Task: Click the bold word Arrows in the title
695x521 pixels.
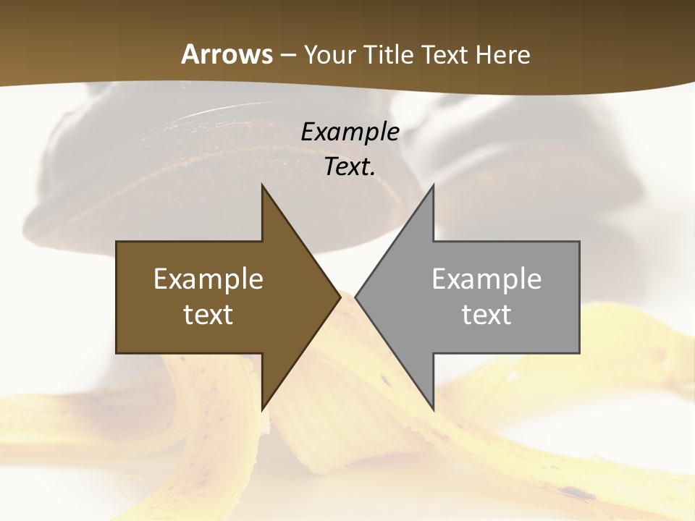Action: point(227,54)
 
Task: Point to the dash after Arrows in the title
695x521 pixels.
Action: point(287,55)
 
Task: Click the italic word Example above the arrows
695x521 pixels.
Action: point(350,132)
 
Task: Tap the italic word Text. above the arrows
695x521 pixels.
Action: point(350,167)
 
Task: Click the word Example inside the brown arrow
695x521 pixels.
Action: point(208,279)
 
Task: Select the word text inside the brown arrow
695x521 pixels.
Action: point(208,315)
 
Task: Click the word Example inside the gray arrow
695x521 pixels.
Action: point(486,279)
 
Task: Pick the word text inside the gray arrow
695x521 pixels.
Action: point(486,315)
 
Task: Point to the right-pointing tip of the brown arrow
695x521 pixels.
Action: point(339,297)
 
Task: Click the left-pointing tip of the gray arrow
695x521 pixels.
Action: point(357,297)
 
